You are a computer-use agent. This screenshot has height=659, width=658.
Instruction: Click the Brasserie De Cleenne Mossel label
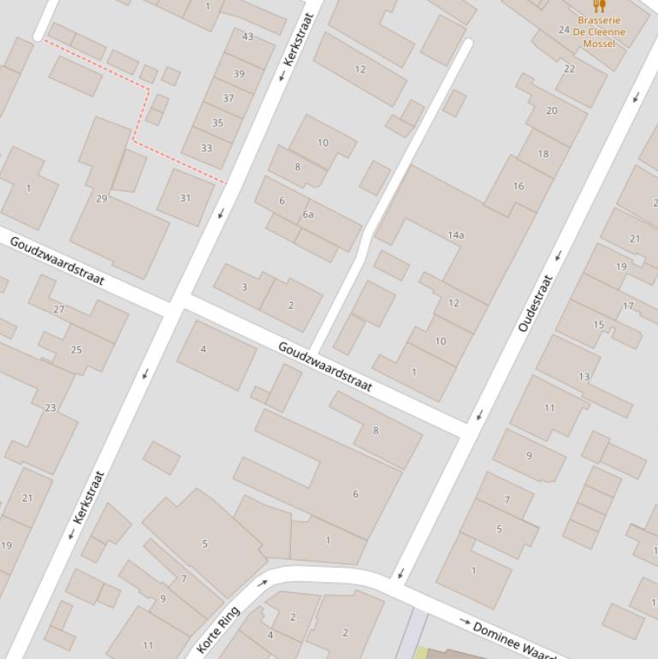pos(599,32)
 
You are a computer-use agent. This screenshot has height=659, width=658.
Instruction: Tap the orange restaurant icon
pos(599,7)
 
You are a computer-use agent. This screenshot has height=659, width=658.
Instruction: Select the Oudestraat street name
pos(536,304)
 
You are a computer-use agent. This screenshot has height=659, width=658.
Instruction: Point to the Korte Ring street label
pos(218,630)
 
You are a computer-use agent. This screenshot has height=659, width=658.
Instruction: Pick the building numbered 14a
pos(456,235)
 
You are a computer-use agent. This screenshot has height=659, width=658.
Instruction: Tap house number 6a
pos(308,215)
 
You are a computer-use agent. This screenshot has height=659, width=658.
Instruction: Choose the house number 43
pos(248,37)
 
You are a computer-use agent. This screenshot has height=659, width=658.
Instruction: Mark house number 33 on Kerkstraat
pos(206,148)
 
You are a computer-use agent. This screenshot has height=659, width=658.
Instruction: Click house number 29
pos(102,199)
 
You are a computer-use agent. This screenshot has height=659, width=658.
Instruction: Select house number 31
pos(186,198)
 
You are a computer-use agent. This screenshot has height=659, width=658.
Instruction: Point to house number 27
pos(59,309)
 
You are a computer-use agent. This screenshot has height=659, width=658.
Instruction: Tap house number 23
pos(50,407)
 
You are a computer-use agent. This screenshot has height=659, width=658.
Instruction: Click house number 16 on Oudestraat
pos(519,186)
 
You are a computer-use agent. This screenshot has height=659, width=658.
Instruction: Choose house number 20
pos(551,110)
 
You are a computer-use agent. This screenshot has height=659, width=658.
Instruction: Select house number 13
pos(584,377)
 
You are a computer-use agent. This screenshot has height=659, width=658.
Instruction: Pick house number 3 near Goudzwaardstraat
pos(244,287)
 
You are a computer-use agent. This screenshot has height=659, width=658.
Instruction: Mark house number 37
pos(228,98)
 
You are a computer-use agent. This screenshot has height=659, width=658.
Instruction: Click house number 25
pos(76,349)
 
